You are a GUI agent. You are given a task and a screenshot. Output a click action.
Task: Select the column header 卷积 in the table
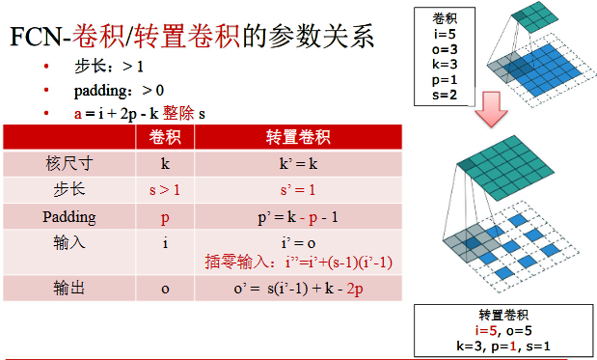[x=165, y=137]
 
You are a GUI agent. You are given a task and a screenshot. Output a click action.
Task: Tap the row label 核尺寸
[x=67, y=163]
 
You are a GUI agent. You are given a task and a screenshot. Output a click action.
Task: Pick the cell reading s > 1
[x=165, y=190]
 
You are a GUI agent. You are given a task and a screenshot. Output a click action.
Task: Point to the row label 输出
[x=67, y=289]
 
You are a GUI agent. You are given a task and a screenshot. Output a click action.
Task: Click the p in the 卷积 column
[x=165, y=216]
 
